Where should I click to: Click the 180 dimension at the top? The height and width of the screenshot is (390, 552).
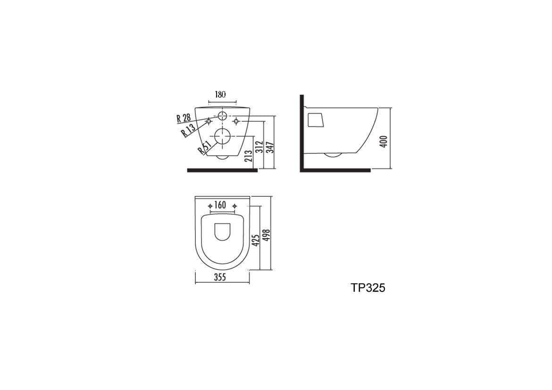[220, 94]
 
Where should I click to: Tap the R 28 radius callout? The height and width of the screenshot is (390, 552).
[184, 117]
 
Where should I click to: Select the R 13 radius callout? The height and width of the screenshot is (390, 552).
[188, 130]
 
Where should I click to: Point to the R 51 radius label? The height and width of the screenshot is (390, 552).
[204, 147]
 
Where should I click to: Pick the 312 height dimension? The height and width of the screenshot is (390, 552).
[259, 147]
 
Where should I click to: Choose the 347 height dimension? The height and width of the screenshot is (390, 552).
[270, 147]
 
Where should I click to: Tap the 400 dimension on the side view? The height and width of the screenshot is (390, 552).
[384, 141]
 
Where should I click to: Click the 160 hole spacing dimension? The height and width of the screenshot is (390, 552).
[220, 205]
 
